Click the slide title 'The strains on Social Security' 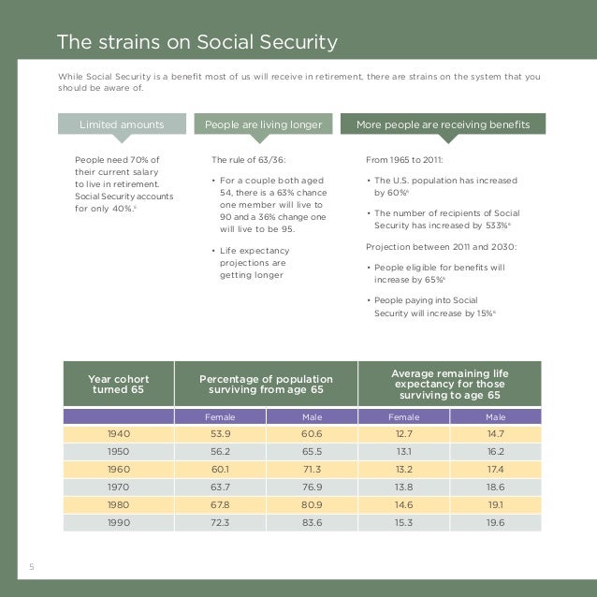pos(197,42)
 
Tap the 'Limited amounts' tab pos(122,124)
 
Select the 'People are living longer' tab pos(263,124)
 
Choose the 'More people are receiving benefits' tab pos(443,124)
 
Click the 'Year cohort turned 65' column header pos(118,385)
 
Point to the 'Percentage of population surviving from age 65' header pos(266,385)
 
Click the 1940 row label pos(118,434)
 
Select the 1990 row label pos(118,523)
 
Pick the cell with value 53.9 pos(220,434)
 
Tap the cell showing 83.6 pos(312,523)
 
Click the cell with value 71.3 pos(312,470)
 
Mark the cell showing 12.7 pos(403,434)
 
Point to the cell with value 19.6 pos(495,523)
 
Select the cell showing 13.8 pos(403,488)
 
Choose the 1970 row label pos(118,488)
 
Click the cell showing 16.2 pos(495,452)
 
